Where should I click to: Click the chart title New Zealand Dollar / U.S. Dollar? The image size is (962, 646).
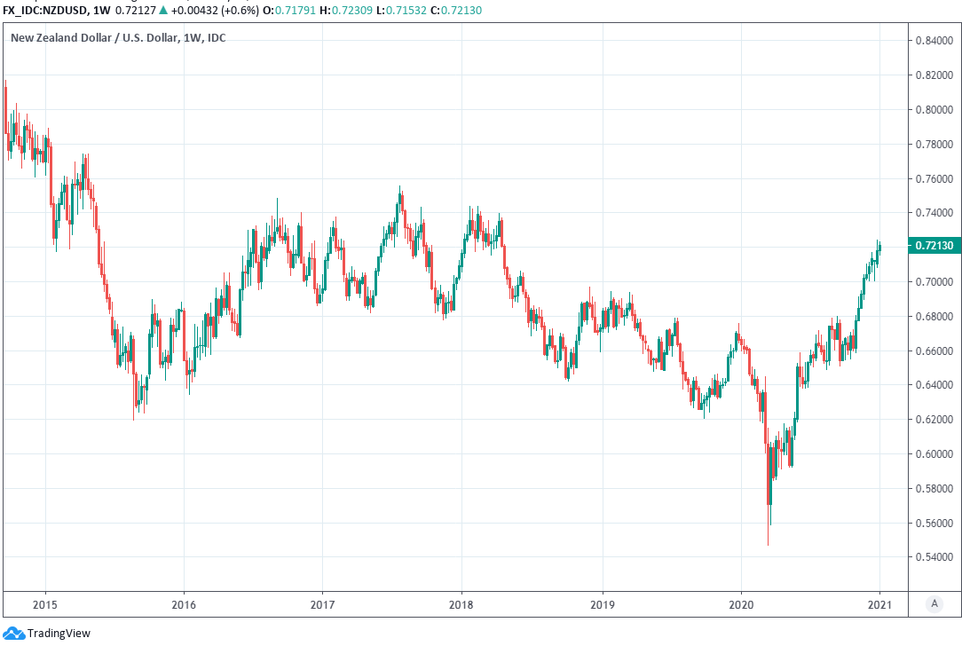point(92,38)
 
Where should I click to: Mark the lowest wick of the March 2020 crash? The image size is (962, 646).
point(768,543)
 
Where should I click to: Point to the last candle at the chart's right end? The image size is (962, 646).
point(879,248)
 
